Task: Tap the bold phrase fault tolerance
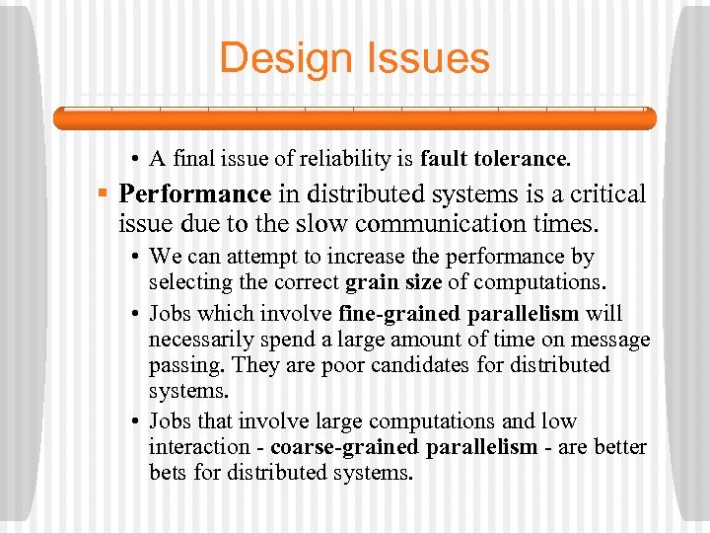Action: (x=495, y=158)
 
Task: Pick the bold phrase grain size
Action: (x=394, y=282)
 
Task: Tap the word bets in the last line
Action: (x=169, y=473)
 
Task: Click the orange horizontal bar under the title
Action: (x=354, y=119)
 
